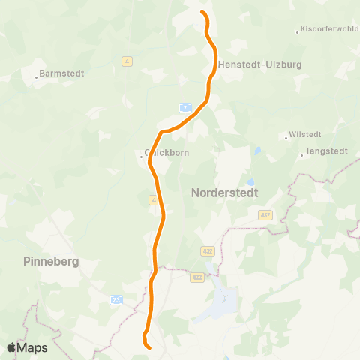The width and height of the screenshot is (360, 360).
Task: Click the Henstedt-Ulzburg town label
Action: (260, 65)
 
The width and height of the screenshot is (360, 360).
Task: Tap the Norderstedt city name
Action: (225, 193)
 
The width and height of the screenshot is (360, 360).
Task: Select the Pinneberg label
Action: (51, 262)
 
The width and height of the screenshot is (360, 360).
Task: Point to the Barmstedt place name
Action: (61, 73)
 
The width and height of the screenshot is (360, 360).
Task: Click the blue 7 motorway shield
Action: (184, 109)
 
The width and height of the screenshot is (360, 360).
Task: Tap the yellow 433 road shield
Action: (197, 277)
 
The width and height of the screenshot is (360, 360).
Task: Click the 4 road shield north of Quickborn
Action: (127, 61)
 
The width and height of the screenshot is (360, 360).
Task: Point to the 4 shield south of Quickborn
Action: (153, 200)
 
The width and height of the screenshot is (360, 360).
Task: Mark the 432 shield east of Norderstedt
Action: (266, 215)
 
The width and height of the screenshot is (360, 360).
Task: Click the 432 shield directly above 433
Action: (208, 250)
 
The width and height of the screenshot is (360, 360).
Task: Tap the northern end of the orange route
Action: (202, 13)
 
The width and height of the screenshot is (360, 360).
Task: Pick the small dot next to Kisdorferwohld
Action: (297, 31)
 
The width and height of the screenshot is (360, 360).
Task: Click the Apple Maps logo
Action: (27, 347)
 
